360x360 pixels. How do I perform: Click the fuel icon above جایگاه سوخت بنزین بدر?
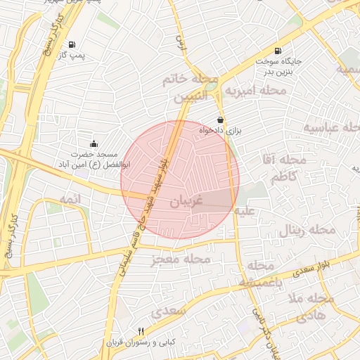coord(278,51)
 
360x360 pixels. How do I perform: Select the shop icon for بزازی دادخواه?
coord(221,120)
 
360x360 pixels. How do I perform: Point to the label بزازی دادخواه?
coord(214,131)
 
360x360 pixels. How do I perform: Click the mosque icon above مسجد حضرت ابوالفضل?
coord(94,143)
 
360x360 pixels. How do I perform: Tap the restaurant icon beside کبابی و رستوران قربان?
coord(141,331)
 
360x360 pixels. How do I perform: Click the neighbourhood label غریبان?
coord(186,201)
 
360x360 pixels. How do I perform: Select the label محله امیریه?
coord(255,91)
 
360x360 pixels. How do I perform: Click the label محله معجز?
coord(180,259)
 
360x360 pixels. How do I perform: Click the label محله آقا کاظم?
coord(285,169)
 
